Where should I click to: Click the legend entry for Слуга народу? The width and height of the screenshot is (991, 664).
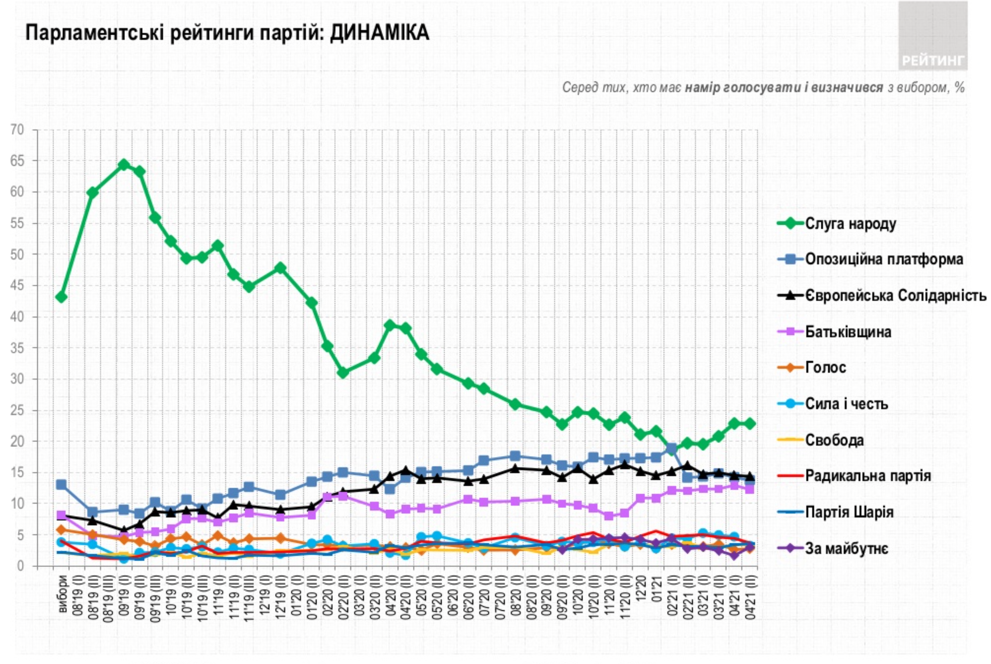point(850,223)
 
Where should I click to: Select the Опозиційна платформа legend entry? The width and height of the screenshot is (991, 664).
point(884,259)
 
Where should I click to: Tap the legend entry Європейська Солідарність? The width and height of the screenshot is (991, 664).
point(895,295)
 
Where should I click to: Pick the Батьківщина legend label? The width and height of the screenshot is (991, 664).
point(848,332)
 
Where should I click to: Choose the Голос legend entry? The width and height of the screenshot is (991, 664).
point(825,367)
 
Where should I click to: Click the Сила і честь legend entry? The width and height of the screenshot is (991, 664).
point(846,404)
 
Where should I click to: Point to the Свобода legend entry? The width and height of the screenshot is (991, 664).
point(834,440)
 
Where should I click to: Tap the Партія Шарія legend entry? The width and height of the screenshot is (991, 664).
point(849,512)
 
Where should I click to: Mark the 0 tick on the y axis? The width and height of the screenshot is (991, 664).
point(20,566)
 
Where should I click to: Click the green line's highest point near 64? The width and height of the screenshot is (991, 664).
point(124,165)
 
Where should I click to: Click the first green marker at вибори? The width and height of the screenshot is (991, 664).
point(61,297)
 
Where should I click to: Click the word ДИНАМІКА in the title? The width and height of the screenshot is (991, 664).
point(379,33)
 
